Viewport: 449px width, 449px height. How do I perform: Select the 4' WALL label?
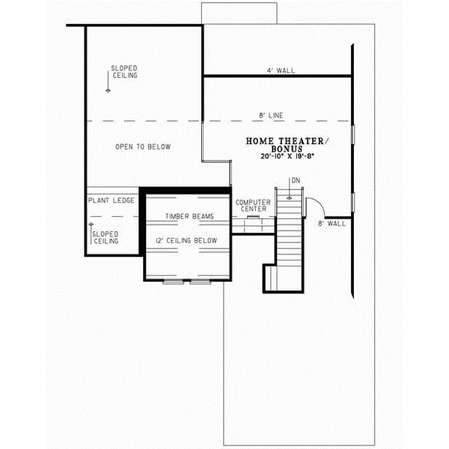pyautogui.click(x=281, y=70)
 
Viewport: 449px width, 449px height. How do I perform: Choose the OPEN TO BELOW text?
pyautogui.click(x=142, y=147)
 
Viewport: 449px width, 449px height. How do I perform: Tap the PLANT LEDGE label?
pyautogui.click(x=112, y=201)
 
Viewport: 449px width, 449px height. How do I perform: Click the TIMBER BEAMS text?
pyautogui.click(x=189, y=216)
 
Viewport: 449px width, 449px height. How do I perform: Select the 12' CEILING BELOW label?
pyautogui.click(x=186, y=240)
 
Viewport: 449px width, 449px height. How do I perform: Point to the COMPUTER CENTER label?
pyautogui.click(x=252, y=206)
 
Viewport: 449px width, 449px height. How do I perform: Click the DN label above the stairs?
pyautogui.click(x=296, y=181)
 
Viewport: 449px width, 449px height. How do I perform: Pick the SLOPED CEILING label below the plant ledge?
pyautogui.click(x=106, y=237)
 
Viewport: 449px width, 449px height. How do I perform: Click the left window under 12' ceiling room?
pyautogui.click(x=174, y=283)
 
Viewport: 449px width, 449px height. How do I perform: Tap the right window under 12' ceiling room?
pyautogui.click(x=200, y=283)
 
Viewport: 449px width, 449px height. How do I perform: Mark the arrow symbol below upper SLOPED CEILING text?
pyautogui.click(x=109, y=88)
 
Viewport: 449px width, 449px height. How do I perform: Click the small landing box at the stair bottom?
pyautogui.click(x=270, y=279)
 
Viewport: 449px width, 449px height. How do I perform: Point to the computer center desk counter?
pyautogui.click(x=253, y=218)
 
